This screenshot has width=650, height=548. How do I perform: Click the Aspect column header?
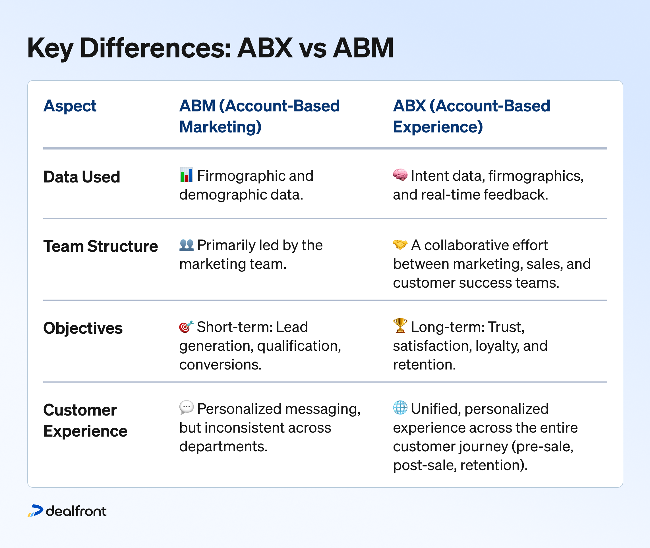pos(70,106)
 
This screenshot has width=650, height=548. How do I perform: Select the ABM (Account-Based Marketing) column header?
pos(259,116)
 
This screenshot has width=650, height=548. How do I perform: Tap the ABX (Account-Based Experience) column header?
pos(471,116)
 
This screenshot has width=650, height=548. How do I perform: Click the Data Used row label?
pos(81,177)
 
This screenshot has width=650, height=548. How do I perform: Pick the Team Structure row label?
pos(100,246)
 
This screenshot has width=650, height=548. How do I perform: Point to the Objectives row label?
pos(83,328)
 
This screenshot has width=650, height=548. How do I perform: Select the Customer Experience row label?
pos(85,420)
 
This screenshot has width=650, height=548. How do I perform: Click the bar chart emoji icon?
pos(187,175)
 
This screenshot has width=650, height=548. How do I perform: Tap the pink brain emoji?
pos(400,175)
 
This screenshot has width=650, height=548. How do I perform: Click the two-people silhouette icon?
pos(187,245)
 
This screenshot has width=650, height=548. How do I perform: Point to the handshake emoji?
pos(400,245)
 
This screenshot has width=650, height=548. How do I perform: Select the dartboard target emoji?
pos(186,327)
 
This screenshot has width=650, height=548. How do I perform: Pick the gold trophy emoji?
pos(400,326)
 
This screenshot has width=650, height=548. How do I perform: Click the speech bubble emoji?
pos(187,408)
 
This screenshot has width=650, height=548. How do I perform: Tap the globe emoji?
pos(400,408)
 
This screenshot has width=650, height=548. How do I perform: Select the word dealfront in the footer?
pos(76,511)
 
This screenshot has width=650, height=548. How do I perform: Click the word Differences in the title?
pos(155,48)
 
